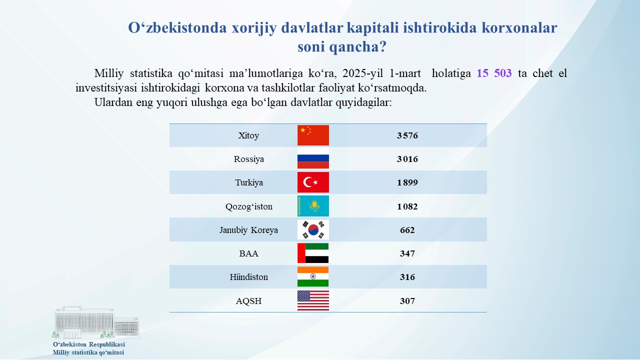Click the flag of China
point(313,135)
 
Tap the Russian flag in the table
point(313,158)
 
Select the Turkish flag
point(313,182)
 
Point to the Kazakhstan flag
point(313,206)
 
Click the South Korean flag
point(313,229)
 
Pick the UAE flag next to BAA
point(313,253)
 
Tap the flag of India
point(313,277)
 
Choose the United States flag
point(313,300)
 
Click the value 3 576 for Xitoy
point(407,135)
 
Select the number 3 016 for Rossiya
point(407,159)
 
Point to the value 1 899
point(407,182)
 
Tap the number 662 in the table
point(407,230)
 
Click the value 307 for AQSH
point(407,301)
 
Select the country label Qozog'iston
point(249,206)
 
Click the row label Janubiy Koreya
point(248,230)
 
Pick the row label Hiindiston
point(249,277)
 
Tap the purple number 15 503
point(494,73)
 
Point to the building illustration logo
point(96,322)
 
